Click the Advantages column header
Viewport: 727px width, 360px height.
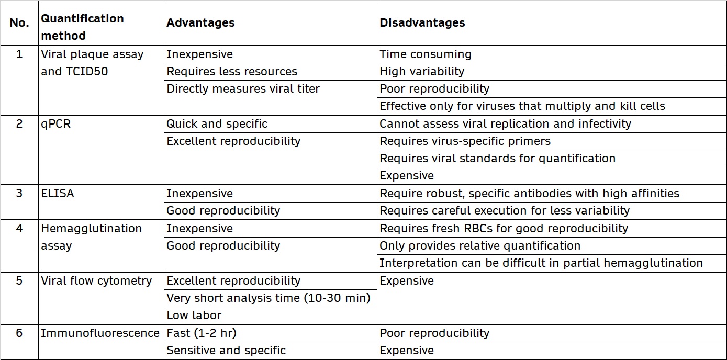[x=200, y=23]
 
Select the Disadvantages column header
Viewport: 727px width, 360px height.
[x=422, y=23]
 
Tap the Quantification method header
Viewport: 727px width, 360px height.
[x=82, y=27]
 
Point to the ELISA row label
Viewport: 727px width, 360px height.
[x=58, y=194]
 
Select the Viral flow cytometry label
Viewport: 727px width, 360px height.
[x=96, y=281]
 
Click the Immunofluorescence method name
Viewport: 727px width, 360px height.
[x=100, y=333]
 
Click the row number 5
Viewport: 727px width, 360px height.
[x=19, y=281]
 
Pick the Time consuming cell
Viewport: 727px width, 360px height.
[x=425, y=54]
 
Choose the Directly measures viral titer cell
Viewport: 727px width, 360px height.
[x=243, y=89]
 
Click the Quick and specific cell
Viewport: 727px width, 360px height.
[x=217, y=124]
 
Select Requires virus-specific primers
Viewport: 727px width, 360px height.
[x=465, y=141]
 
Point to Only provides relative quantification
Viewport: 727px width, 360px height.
[x=479, y=246]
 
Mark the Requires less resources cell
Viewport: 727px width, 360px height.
[x=231, y=72]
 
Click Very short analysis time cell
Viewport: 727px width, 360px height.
[x=268, y=298]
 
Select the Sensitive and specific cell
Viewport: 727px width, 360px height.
[x=226, y=351]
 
